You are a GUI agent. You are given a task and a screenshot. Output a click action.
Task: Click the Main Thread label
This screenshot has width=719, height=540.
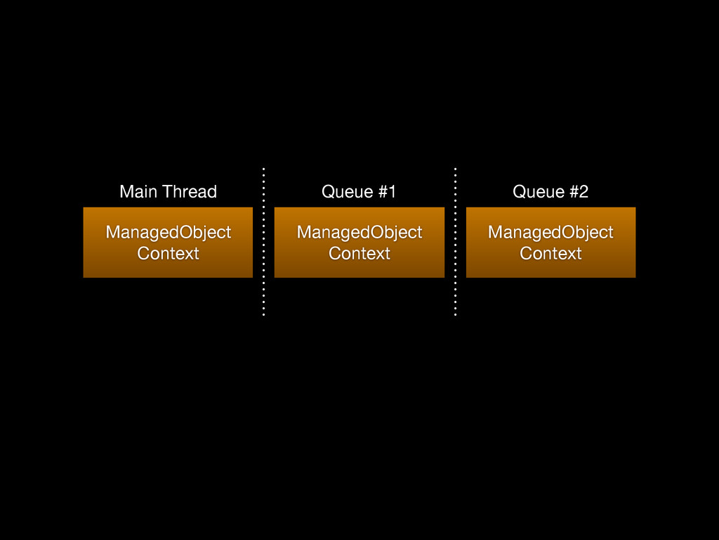click(x=169, y=191)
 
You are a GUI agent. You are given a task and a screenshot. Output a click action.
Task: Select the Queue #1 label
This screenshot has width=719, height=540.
click(x=359, y=191)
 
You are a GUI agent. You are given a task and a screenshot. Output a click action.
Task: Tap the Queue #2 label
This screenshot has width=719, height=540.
click(x=550, y=191)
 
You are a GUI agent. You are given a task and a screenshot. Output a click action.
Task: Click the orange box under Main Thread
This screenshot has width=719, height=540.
click(x=168, y=243)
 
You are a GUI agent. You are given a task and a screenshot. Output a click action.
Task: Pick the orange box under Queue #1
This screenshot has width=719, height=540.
click(x=359, y=243)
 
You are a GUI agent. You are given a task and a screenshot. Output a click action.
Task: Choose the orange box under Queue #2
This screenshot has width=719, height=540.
click(x=550, y=243)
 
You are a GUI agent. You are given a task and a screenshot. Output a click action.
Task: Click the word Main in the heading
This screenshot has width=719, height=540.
click(x=140, y=191)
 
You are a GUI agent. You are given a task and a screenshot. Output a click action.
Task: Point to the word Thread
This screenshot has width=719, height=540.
click(x=190, y=191)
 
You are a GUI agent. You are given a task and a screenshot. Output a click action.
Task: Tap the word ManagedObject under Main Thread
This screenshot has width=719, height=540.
click(x=169, y=233)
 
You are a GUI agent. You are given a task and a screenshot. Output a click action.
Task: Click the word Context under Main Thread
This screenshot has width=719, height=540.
click(x=169, y=253)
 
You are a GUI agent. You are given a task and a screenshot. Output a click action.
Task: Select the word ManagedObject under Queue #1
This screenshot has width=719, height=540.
click(x=359, y=233)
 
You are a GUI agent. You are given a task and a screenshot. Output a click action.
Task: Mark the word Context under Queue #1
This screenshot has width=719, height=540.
click(x=359, y=253)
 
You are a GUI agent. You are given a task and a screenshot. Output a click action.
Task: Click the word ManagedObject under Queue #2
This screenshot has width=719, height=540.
click(x=550, y=233)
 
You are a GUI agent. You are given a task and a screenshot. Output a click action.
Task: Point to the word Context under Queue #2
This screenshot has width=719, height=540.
click(x=550, y=253)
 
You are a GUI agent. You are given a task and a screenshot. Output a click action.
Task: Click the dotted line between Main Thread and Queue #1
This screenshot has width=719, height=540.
click(x=264, y=242)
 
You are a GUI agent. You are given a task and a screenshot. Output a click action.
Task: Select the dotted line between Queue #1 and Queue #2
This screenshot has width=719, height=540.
click(x=455, y=242)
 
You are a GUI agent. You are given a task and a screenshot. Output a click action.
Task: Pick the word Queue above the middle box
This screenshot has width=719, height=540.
click(x=348, y=192)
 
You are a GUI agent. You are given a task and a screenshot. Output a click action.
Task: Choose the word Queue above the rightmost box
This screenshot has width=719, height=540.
click(x=539, y=192)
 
